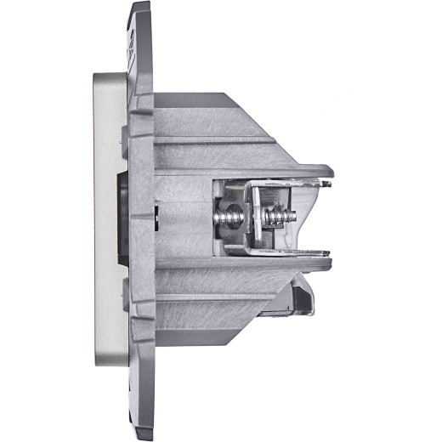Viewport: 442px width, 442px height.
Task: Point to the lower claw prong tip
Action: click(327, 252)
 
